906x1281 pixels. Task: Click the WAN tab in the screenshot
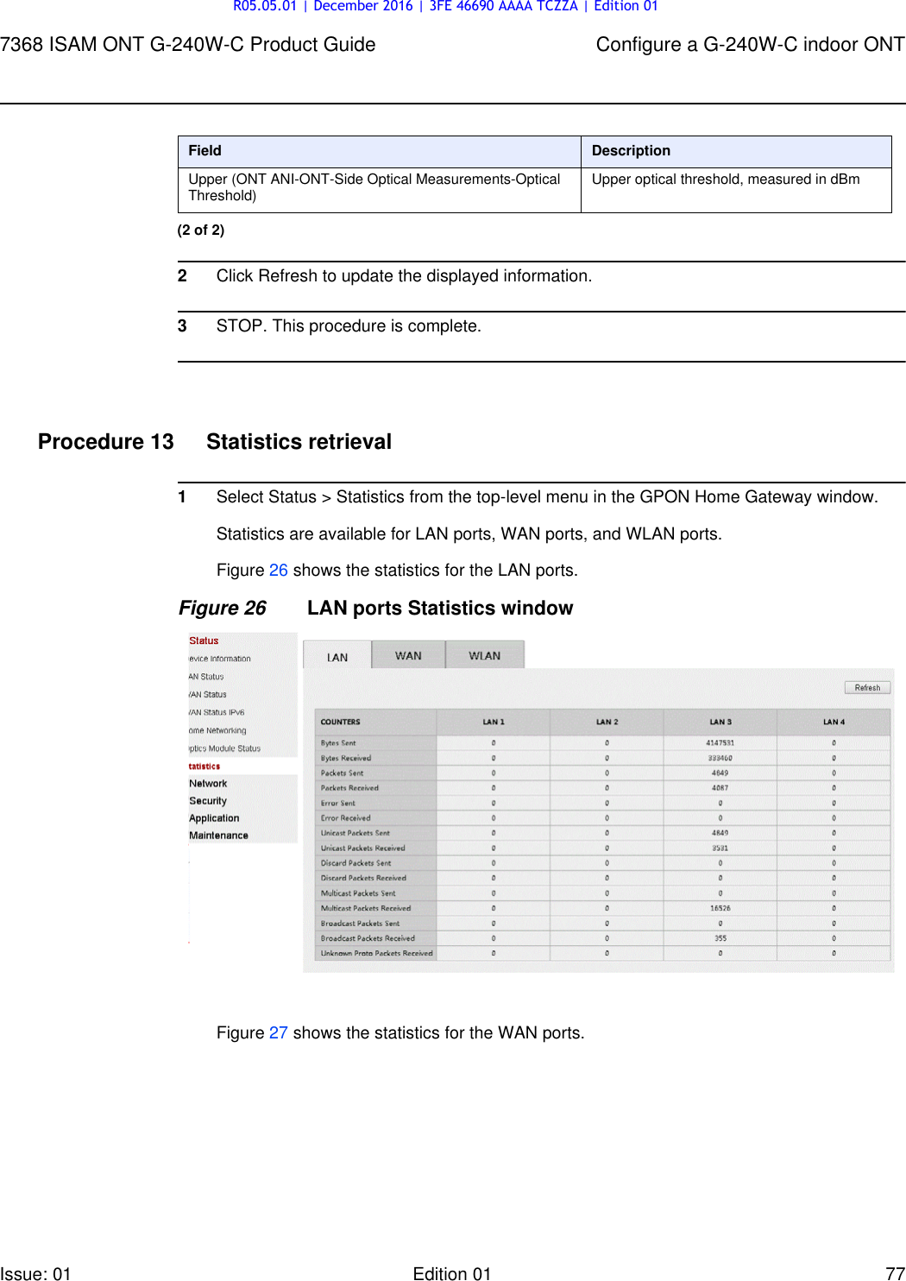(x=408, y=656)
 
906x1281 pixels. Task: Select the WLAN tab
(x=484, y=656)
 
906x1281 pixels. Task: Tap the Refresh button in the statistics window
(x=867, y=688)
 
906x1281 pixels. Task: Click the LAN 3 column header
(x=720, y=722)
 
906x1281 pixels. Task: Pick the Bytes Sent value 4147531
(x=720, y=742)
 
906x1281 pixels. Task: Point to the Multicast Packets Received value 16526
(x=720, y=908)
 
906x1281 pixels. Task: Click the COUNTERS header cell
(x=341, y=722)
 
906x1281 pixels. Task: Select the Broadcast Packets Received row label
(x=368, y=938)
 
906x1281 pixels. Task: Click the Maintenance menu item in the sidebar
(x=218, y=836)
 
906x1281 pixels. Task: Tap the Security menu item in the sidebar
(x=208, y=801)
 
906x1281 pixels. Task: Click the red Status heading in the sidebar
(x=204, y=640)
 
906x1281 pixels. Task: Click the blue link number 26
(x=278, y=571)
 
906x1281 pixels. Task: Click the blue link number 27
(x=278, y=1033)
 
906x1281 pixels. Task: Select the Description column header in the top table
(x=631, y=151)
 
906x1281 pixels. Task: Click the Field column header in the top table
(x=205, y=151)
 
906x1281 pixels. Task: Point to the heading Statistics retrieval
(x=299, y=442)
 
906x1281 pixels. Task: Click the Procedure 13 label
(x=106, y=442)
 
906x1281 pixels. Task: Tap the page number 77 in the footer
(x=895, y=1273)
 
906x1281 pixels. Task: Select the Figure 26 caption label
(x=223, y=609)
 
